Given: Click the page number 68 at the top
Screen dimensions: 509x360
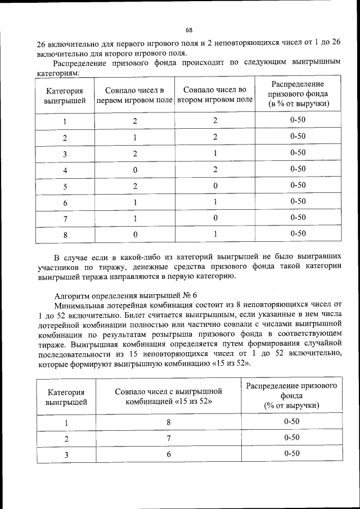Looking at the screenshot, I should [x=189, y=30].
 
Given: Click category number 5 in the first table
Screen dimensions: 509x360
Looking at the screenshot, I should [x=65, y=186].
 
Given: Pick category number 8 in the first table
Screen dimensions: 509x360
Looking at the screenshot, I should [x=65, y=235].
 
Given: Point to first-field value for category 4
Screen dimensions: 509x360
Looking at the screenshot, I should [x=134, y=169].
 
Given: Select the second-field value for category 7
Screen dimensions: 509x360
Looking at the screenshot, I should [x=215, y=218].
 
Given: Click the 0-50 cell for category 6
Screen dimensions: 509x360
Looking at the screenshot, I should [x=298, y=201].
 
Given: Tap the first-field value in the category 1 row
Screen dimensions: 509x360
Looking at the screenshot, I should [x=134, y=121].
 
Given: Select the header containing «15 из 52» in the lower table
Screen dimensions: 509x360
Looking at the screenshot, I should [x=169, y=397].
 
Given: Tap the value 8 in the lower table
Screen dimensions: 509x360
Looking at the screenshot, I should [x=168, y=422].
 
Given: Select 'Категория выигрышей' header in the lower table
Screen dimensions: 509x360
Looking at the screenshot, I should [x=66, y=397].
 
